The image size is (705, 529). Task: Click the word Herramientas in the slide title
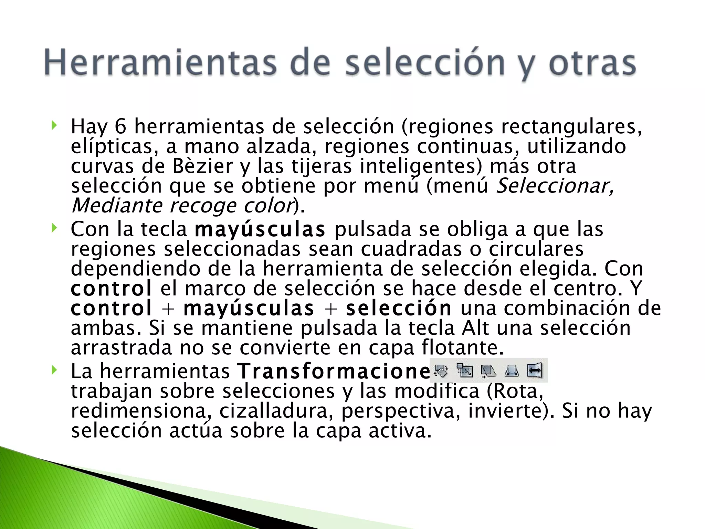click(x=160, y=63)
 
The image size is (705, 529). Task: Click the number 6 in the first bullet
click(x=120, y=126)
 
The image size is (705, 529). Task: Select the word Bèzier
click(x=203, y=166)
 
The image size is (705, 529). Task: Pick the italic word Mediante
click(x=117, y=206)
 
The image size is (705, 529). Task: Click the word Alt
click(x=475, y=328)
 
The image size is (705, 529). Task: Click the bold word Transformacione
click(x=333, y=371)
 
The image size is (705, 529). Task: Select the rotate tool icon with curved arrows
click(x=441, y=371)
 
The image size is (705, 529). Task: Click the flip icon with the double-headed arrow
click(x=535, y=371)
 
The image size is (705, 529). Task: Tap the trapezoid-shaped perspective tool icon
click(x=512, y=371)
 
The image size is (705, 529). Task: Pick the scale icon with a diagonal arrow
click(x=465, y=371)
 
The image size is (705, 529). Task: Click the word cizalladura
click(x=274, y=411)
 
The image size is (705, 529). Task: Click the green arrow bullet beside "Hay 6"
click(x=54, y=125)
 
